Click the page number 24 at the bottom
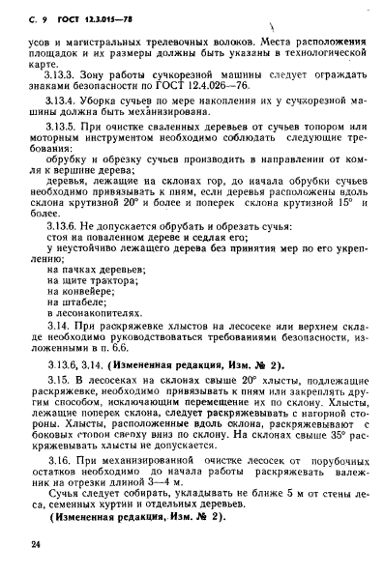pyautogui.click(x=36, y=546)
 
